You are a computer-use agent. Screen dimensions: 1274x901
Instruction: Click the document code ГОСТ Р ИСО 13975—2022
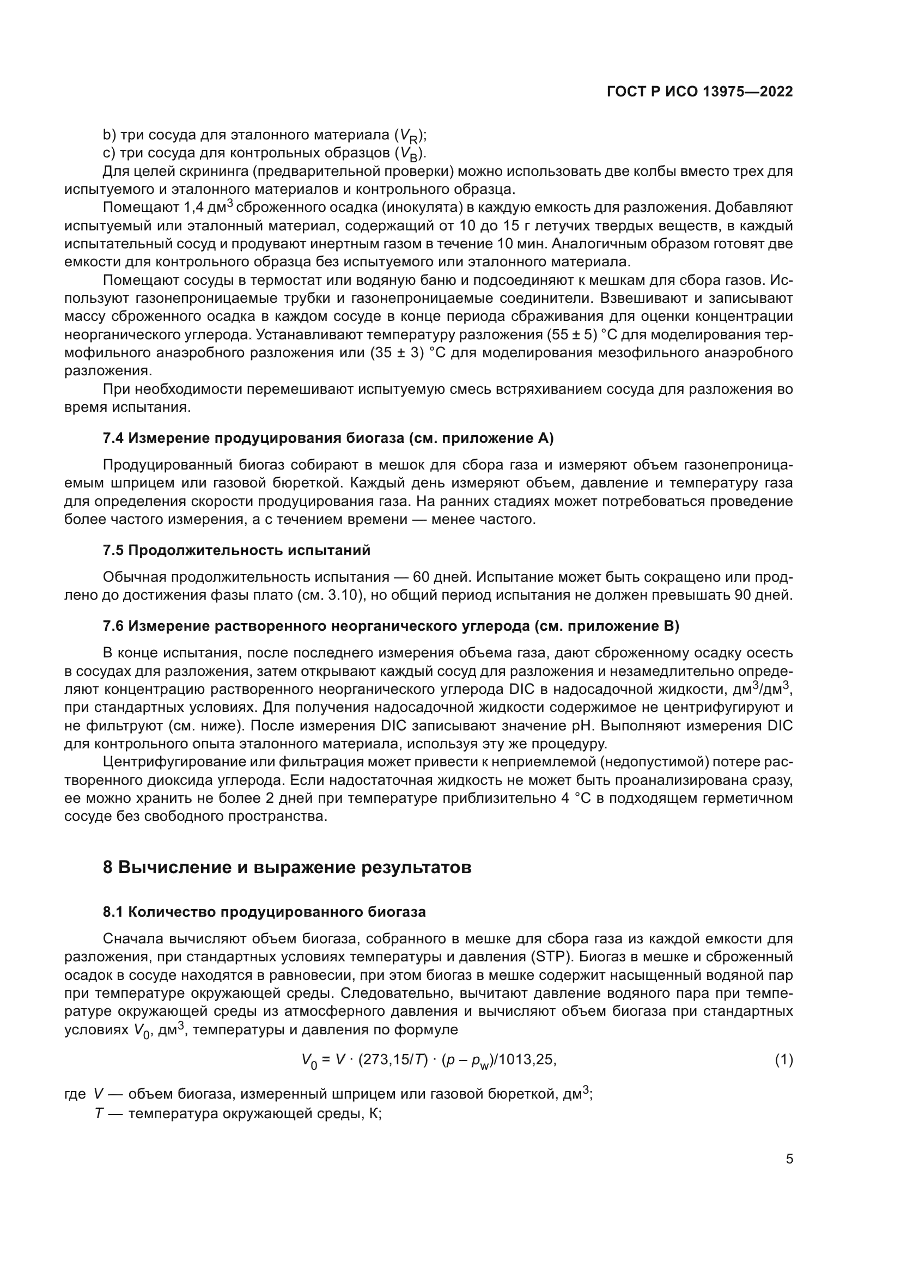click(699, 92)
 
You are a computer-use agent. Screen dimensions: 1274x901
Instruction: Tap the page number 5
click(789, 1159)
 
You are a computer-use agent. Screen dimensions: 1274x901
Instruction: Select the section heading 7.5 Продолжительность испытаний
click(236, 551)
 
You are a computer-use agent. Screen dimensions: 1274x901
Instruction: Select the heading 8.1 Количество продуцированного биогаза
click(264, 912)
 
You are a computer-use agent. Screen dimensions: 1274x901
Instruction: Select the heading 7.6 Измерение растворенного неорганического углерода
click(391, 626)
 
